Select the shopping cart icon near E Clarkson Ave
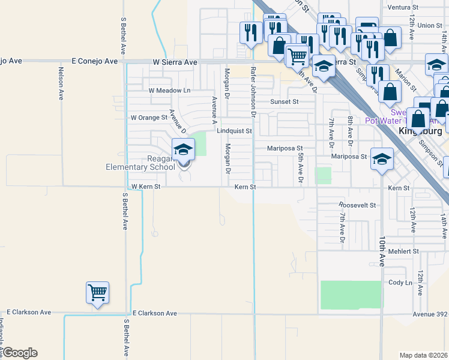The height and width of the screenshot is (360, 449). (x=97, y=293)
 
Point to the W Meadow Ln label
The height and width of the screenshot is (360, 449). (x=169, y=91)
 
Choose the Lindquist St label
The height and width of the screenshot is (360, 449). (x=234, y=130)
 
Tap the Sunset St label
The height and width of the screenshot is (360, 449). (x=284, y=102)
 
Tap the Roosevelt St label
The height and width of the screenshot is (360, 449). (x=357, y=205)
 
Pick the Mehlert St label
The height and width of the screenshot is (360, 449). (x=402, y=252)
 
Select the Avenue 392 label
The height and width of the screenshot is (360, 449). (x=430, y=314)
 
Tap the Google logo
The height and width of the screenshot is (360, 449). (x=20, y=353)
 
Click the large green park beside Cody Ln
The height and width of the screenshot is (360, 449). (x=351, y=295)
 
